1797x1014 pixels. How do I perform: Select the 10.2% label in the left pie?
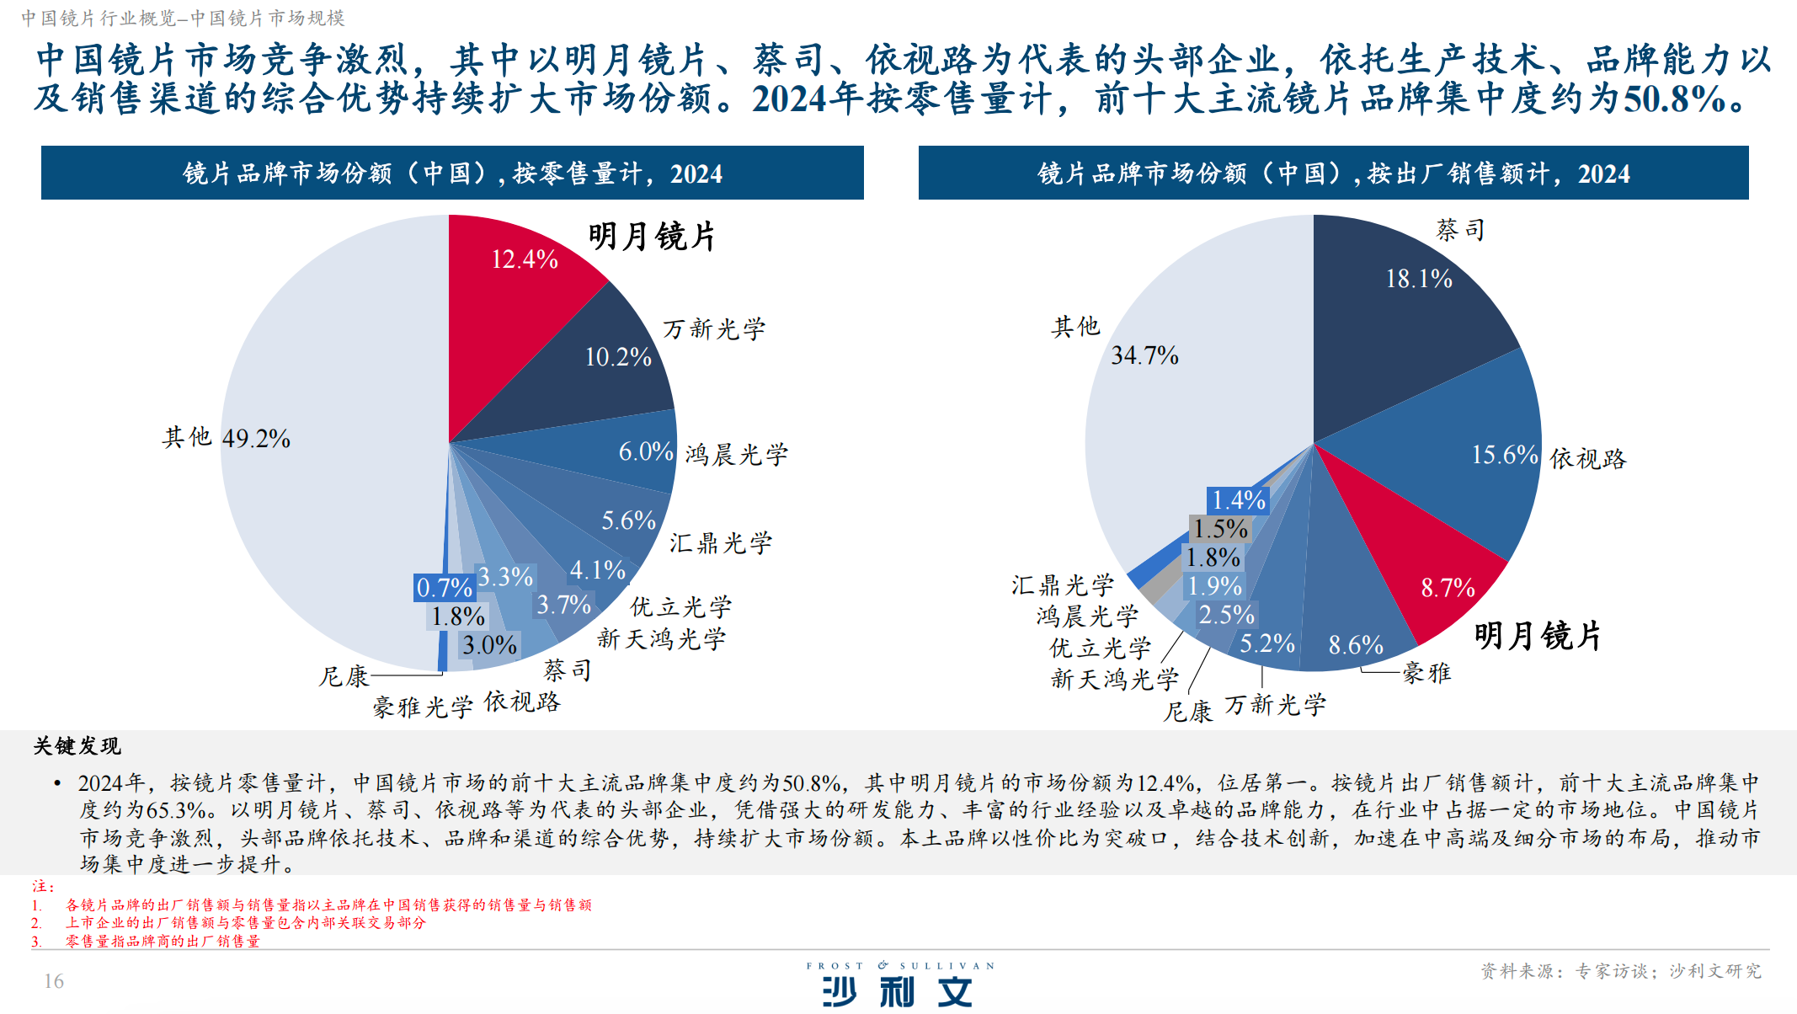click(x=618, y=357)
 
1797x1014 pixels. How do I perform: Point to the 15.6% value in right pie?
click(x=1505, y=455)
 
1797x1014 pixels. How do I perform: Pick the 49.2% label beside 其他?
click(x=256, y=439)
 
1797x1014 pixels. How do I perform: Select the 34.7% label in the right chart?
click(x=1144, y=355)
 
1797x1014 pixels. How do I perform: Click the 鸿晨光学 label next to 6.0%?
click(x=737, y=455)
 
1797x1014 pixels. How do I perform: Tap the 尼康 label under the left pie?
click(x=344, y=676)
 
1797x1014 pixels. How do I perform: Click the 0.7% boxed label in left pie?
click(x=445, y=588)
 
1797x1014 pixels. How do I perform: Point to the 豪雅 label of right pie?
click(x=1426, y=672)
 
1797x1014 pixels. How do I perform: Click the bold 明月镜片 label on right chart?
click(x=1538, y=636)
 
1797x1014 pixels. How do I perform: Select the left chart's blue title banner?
click(x=452, y=173)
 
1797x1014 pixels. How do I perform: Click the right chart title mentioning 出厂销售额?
click(x=1333, y=173)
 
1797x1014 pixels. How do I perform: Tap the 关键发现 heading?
click(x=77, y=746)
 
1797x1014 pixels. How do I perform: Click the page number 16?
click(x=54, y=981)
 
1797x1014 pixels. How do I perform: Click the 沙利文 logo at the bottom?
click(x=898, y=990)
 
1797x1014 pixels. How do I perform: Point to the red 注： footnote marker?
click(x=43, y=887)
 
